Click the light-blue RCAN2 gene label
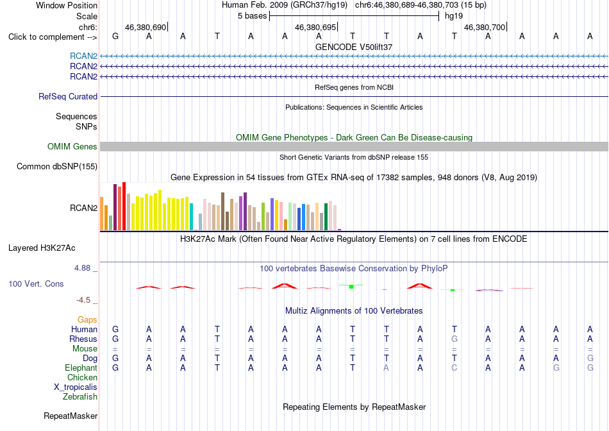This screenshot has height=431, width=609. click(83, 56)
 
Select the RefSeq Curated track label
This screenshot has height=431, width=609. click(68, 96)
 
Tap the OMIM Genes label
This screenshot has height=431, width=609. click(72, 146)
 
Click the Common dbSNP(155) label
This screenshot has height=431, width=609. click(57, 166)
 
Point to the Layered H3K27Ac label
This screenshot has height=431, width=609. click(42, 248)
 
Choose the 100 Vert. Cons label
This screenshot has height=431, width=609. click(36, 283)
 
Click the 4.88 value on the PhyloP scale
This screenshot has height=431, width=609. click(82, 268)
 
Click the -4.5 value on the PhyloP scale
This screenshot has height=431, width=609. click(83, 300)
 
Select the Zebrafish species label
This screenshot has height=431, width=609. click(80, 397)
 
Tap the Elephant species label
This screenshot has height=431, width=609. click(81, 368)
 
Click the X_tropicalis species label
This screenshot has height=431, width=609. click(76, 387)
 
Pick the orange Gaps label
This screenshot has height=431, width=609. click(87, 319)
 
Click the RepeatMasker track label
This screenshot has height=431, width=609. click(71, 416)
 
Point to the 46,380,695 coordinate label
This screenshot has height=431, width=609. click(315, 27)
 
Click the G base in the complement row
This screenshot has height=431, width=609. click(115, 36)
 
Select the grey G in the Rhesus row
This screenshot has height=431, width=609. click(454, 339)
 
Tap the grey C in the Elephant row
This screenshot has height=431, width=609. click(454, 368)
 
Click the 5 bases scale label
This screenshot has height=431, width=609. click(253, 16)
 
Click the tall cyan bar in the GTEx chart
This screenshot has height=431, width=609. click(192, 217)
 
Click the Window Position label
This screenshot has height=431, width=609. click(67, 5)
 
